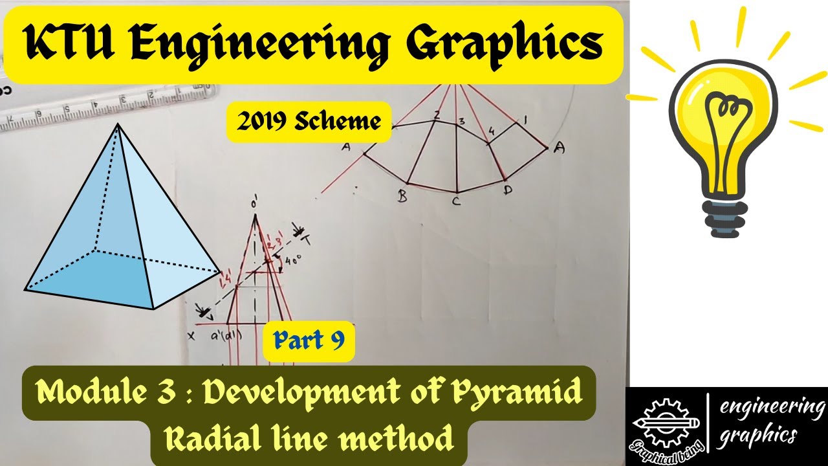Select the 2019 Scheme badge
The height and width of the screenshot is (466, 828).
coord(308,122)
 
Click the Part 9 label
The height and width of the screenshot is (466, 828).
coord(309,341)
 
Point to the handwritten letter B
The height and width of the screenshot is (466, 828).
coord(402,197)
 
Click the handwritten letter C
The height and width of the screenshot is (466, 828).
coord(455,201)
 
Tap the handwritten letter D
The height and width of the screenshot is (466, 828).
coord(507,192)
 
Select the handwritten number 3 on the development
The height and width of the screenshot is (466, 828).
coord(461,120)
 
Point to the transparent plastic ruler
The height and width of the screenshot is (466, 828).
coord(97,107)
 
